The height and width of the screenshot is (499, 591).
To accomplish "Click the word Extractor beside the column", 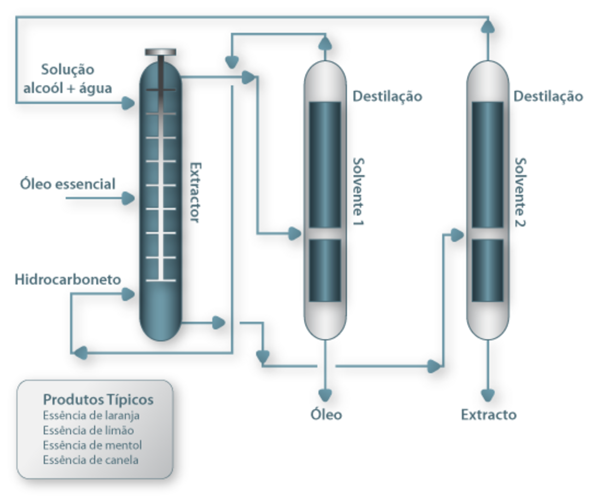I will point(194,192).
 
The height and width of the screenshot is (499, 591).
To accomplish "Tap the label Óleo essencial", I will point(68,184).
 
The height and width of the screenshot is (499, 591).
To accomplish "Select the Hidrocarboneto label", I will point(68,280).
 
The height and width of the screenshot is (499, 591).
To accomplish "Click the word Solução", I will point(68,70).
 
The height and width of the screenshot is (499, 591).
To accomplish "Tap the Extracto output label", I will point(488,414).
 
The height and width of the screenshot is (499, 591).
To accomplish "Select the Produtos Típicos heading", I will point(98,399).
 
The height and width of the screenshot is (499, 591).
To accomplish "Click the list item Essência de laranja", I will point(91,415).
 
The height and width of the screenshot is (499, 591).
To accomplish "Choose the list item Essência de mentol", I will point(92,445).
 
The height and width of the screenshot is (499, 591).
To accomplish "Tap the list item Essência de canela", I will point(90,460).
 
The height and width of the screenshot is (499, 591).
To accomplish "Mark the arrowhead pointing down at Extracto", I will point(488,394).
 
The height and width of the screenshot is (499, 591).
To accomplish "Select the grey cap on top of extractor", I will point(160,52).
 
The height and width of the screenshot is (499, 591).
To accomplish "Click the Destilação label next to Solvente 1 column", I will point(387,97).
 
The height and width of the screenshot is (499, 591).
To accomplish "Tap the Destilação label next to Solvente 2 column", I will point(548,97).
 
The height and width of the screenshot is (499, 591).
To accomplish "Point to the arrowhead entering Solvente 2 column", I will point(458,234).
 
